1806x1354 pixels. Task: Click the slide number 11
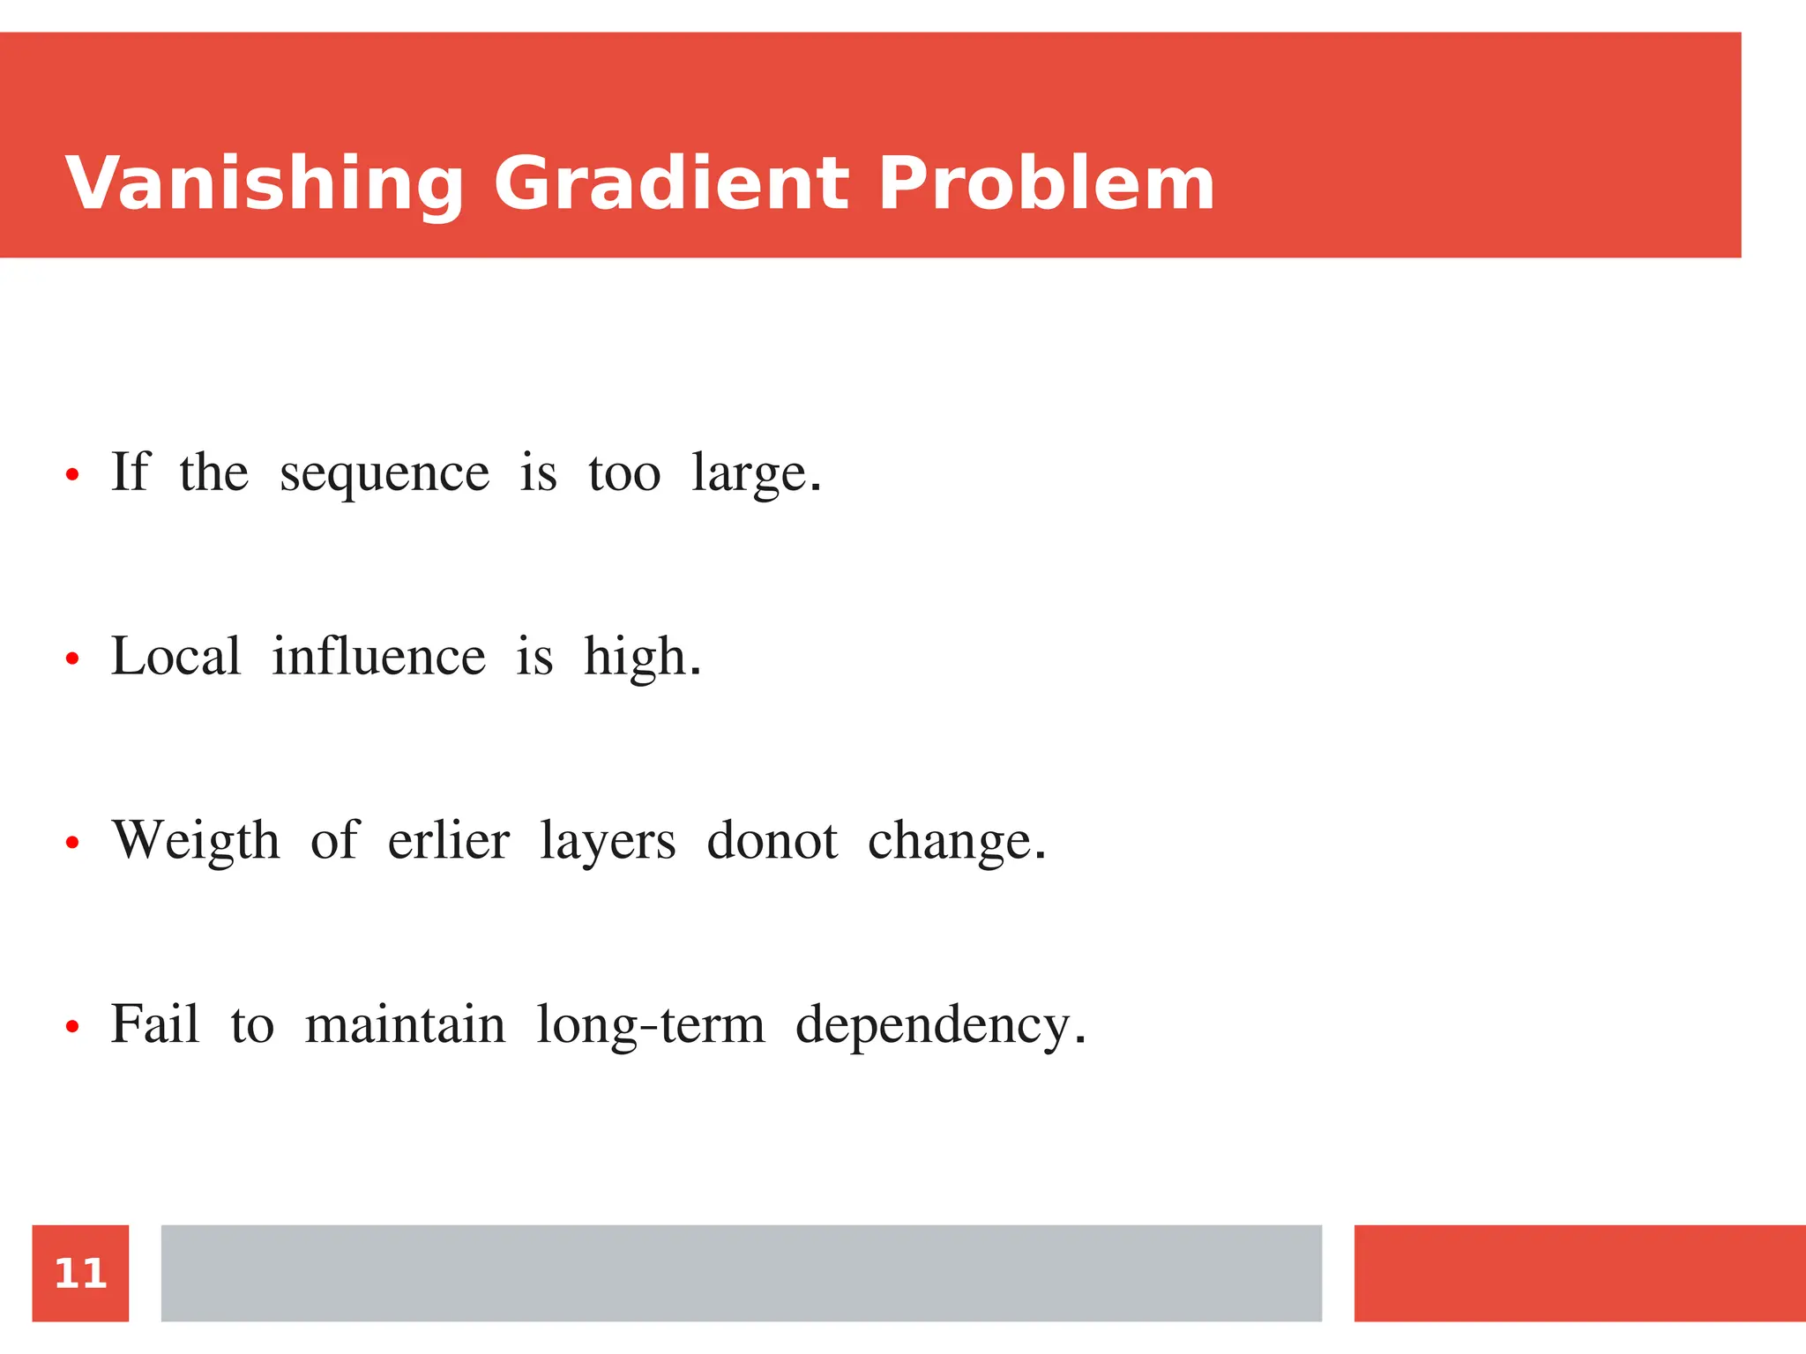pos(80,1273)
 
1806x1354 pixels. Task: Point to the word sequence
pos(384,474)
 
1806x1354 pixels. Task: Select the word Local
pos(175,657)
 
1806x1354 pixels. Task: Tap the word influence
pos(378,657)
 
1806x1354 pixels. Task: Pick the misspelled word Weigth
pos(196,841)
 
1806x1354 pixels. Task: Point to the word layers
pos(608,843)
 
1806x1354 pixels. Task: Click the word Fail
pos(155,1024)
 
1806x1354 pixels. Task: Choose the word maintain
pos(405,1024)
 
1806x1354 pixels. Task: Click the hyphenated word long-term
pos(651,1026)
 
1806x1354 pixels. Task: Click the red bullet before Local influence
pos(72,658)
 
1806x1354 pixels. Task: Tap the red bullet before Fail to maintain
pos(72,1026)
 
